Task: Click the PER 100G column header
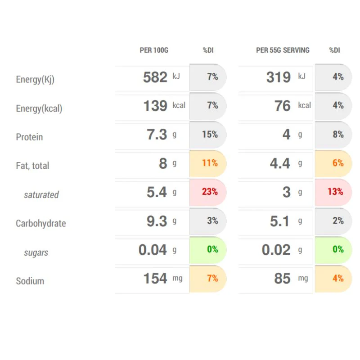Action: click(154, 50)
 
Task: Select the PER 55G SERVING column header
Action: click(283, 50)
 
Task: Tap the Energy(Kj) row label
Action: click(35, 80)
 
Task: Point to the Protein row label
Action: click(29, 137)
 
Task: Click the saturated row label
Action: click(41, 195)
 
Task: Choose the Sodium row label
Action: click(30, 281)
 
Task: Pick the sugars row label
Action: click(36, 252)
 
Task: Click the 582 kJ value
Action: click(162, 77)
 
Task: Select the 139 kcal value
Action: click(164, 106)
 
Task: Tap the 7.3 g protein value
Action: click(162, 134)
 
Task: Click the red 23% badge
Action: click(208, 192)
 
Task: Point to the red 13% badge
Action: click(333, 192)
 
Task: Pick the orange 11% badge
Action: click(208, 163)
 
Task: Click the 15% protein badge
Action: click(208, 134)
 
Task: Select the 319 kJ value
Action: click(286, 77)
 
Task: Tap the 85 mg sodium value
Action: click(291, 279)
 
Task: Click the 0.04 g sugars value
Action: click(157, 250)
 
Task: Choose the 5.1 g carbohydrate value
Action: click(286, 221)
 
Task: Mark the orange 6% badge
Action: click(333, 163)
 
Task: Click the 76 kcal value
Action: click(293, 106)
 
